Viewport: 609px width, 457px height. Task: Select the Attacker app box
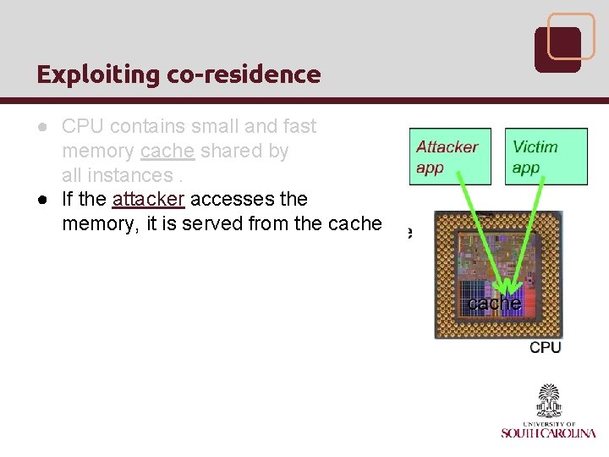coord(449,157)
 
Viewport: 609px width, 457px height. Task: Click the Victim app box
coord(546,157)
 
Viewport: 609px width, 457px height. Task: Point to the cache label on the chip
coord(494,303)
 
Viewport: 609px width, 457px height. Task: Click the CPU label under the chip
coord(545,347)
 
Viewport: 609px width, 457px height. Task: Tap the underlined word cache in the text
coord(168,151)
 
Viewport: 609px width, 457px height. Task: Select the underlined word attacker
coord(147,199)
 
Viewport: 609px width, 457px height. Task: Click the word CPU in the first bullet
coord(81,127)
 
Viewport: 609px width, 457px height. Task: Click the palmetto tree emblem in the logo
coord(549,399)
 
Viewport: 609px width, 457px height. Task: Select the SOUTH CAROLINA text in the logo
coord(548,432)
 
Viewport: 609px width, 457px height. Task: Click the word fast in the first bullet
coord(299,127)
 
